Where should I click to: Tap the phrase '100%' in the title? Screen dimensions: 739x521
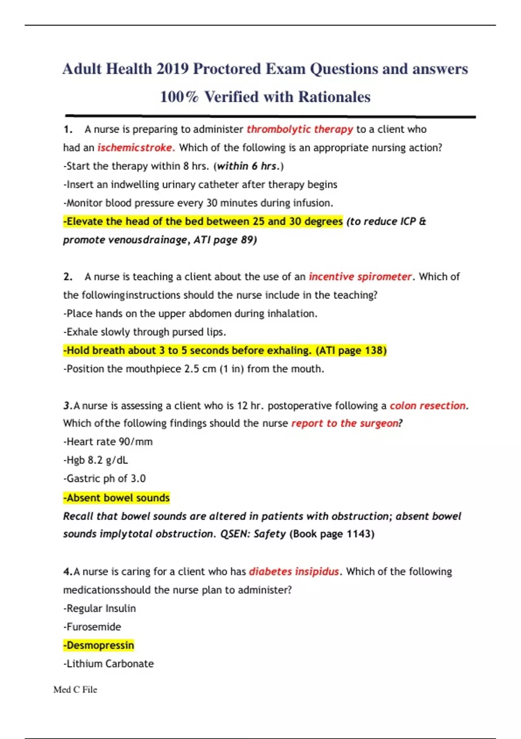(x=179, y=97)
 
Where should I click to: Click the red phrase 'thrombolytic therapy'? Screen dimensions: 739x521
(x=300, y=130)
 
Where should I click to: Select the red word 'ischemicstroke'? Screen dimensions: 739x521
(x=135, y=148)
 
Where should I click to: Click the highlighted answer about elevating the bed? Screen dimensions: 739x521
(x=203, y=221)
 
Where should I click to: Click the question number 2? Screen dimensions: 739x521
(x=68, y=277)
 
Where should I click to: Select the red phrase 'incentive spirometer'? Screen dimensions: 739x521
(x=360, y=277)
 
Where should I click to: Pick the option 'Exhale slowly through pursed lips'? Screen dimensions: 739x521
(x=145, y=332)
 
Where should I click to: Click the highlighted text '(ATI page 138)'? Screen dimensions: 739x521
(x=351, y=350)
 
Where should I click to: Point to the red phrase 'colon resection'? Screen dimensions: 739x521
(x=427, y=406)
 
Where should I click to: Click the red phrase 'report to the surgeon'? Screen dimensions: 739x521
(x=345, y=423)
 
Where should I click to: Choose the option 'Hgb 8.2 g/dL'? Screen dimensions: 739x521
(x=96, y=460)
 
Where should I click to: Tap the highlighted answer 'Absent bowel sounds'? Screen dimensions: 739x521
(x=117, y=498)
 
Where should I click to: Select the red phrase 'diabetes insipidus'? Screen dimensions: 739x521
(x=293, y=572)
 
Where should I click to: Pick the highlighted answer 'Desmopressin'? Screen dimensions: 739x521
(x=99, y=645)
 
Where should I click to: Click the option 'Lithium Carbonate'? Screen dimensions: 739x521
(x=109, y=664)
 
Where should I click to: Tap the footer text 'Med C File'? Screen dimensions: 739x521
(x=75, y=690)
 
